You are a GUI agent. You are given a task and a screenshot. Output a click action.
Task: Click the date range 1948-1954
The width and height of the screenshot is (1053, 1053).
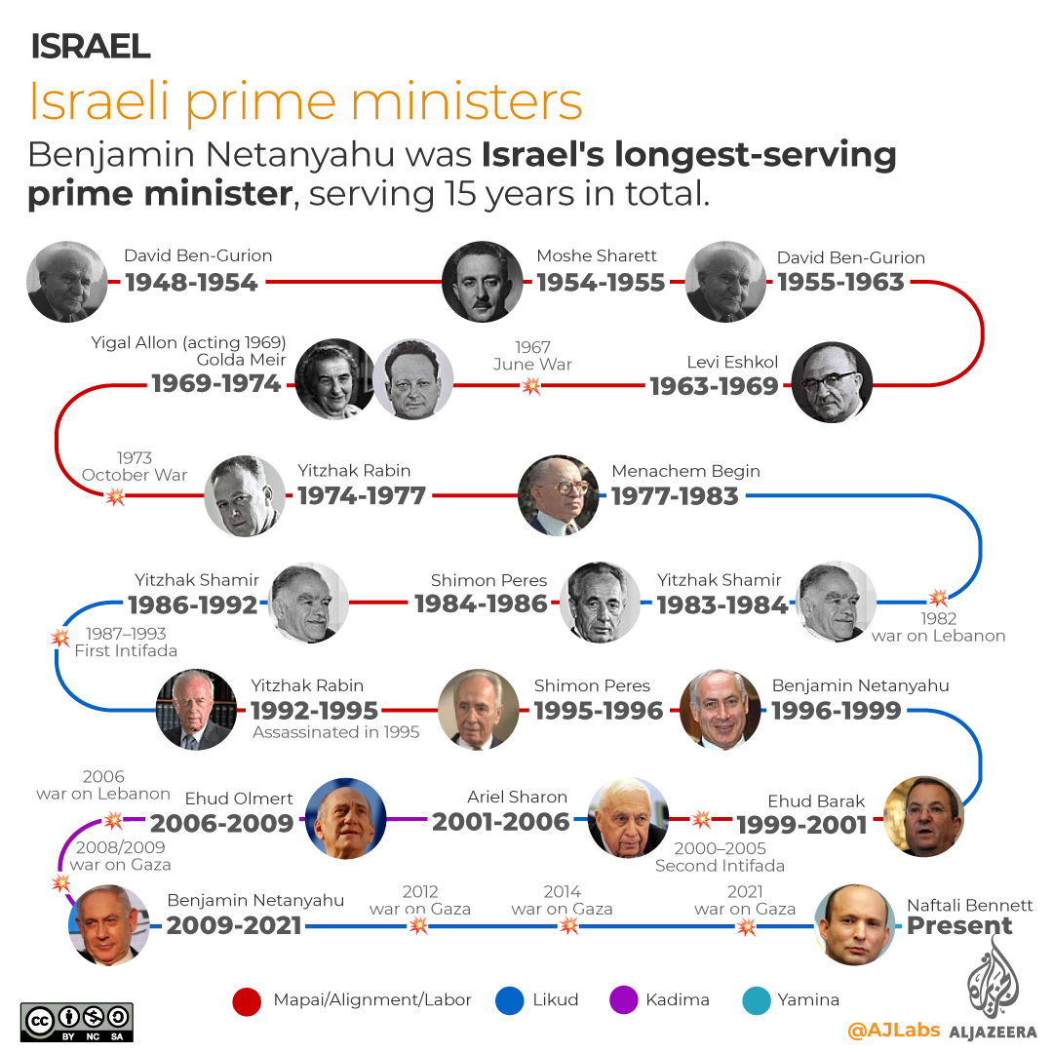[x=191, y=283]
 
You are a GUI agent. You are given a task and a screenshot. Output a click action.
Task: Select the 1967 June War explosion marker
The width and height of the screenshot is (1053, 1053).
[x=531, y=386]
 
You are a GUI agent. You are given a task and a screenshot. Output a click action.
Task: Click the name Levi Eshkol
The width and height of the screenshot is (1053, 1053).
[x=732, y=363]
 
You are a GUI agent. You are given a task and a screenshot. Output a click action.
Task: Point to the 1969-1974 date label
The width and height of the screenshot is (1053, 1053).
[x=216, y=384]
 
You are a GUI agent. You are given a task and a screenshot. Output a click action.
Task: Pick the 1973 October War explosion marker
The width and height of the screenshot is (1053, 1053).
[x=116, y=496]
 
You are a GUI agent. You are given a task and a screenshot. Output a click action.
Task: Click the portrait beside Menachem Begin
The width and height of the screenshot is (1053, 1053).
[x=559, y=495]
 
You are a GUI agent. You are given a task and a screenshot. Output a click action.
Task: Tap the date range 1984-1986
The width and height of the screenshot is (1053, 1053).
[x=481, y=604]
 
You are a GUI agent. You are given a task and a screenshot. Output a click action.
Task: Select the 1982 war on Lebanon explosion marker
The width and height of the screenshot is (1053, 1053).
[x=938, y=597]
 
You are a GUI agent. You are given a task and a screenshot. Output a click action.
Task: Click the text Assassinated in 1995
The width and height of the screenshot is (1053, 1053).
[x=336, y=731]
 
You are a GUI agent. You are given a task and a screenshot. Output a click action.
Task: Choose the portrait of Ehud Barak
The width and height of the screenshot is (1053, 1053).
[x=923, y=815]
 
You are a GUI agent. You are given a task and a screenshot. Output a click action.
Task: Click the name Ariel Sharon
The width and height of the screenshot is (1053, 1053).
[x=517, y=797]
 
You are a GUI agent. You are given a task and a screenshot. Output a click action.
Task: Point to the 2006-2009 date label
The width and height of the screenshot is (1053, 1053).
[x=222, y=824]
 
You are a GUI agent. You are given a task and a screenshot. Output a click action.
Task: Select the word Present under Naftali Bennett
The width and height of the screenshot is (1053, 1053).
[x=960, y=926]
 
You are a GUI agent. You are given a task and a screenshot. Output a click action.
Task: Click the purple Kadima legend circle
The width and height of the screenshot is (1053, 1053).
[x=623, y=1000]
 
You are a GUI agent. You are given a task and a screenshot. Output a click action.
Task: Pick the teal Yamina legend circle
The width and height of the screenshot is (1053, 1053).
[x=756, y=1000]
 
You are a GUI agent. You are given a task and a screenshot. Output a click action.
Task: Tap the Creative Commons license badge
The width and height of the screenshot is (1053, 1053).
[x=77, y=1022]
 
